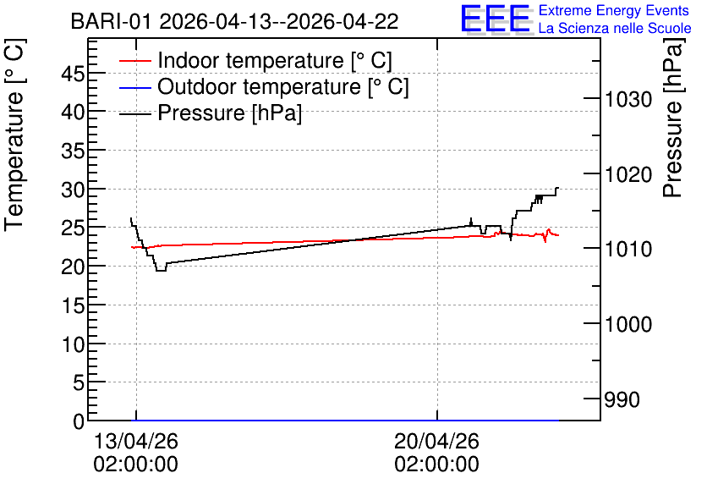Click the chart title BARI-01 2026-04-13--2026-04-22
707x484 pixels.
click(x=234, y=21)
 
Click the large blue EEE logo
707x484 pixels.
click(x=496, y=19)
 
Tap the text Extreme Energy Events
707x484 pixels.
click(x=614, y=10)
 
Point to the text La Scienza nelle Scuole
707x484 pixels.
click(x=615, y=28)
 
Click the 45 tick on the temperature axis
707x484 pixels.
click(x=73, y=73)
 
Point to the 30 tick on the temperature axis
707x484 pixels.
click(x=73, y=190)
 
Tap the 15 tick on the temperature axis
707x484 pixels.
click(x=73, y=305)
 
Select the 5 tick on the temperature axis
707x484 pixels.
click(x=79, y=383)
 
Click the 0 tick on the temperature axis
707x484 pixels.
click(x=79, y=421)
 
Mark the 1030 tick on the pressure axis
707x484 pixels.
click(x=628, y=99)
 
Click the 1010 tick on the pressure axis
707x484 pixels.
click(x=628, y=249)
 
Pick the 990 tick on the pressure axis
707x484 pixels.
click(x=622, y=399)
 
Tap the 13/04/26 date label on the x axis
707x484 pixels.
click(x=135, y=441)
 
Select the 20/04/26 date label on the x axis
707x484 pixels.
click(x=436, y=441)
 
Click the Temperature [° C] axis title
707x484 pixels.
click(x=15, y=135)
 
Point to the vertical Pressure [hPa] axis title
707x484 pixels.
click(x=673, y=118)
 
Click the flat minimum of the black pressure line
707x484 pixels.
click(x=161, y=271)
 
